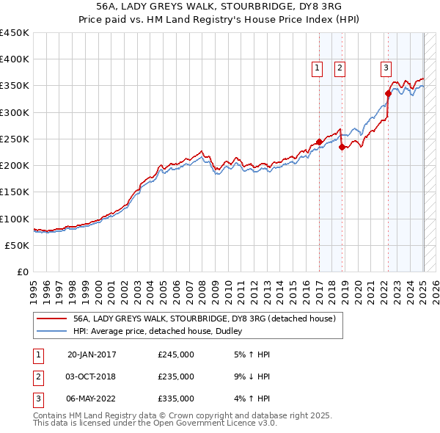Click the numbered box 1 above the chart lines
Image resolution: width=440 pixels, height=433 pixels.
coord(318,68)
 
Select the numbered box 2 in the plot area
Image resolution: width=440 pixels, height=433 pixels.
coord(340,68)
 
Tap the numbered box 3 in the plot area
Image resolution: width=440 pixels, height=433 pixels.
coord(386,68)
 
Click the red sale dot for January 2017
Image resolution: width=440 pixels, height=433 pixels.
coord(319,142)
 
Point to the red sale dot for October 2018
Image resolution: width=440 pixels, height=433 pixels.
coord(342,147)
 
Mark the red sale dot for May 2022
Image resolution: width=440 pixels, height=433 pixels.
coord(388,93)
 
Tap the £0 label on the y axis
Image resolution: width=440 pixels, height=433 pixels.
coord(23,272)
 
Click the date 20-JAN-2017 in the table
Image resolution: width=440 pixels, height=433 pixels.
coord(92,355)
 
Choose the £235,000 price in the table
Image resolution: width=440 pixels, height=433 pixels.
coord(175,376)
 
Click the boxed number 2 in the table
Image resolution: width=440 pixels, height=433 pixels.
coord(37,376)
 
